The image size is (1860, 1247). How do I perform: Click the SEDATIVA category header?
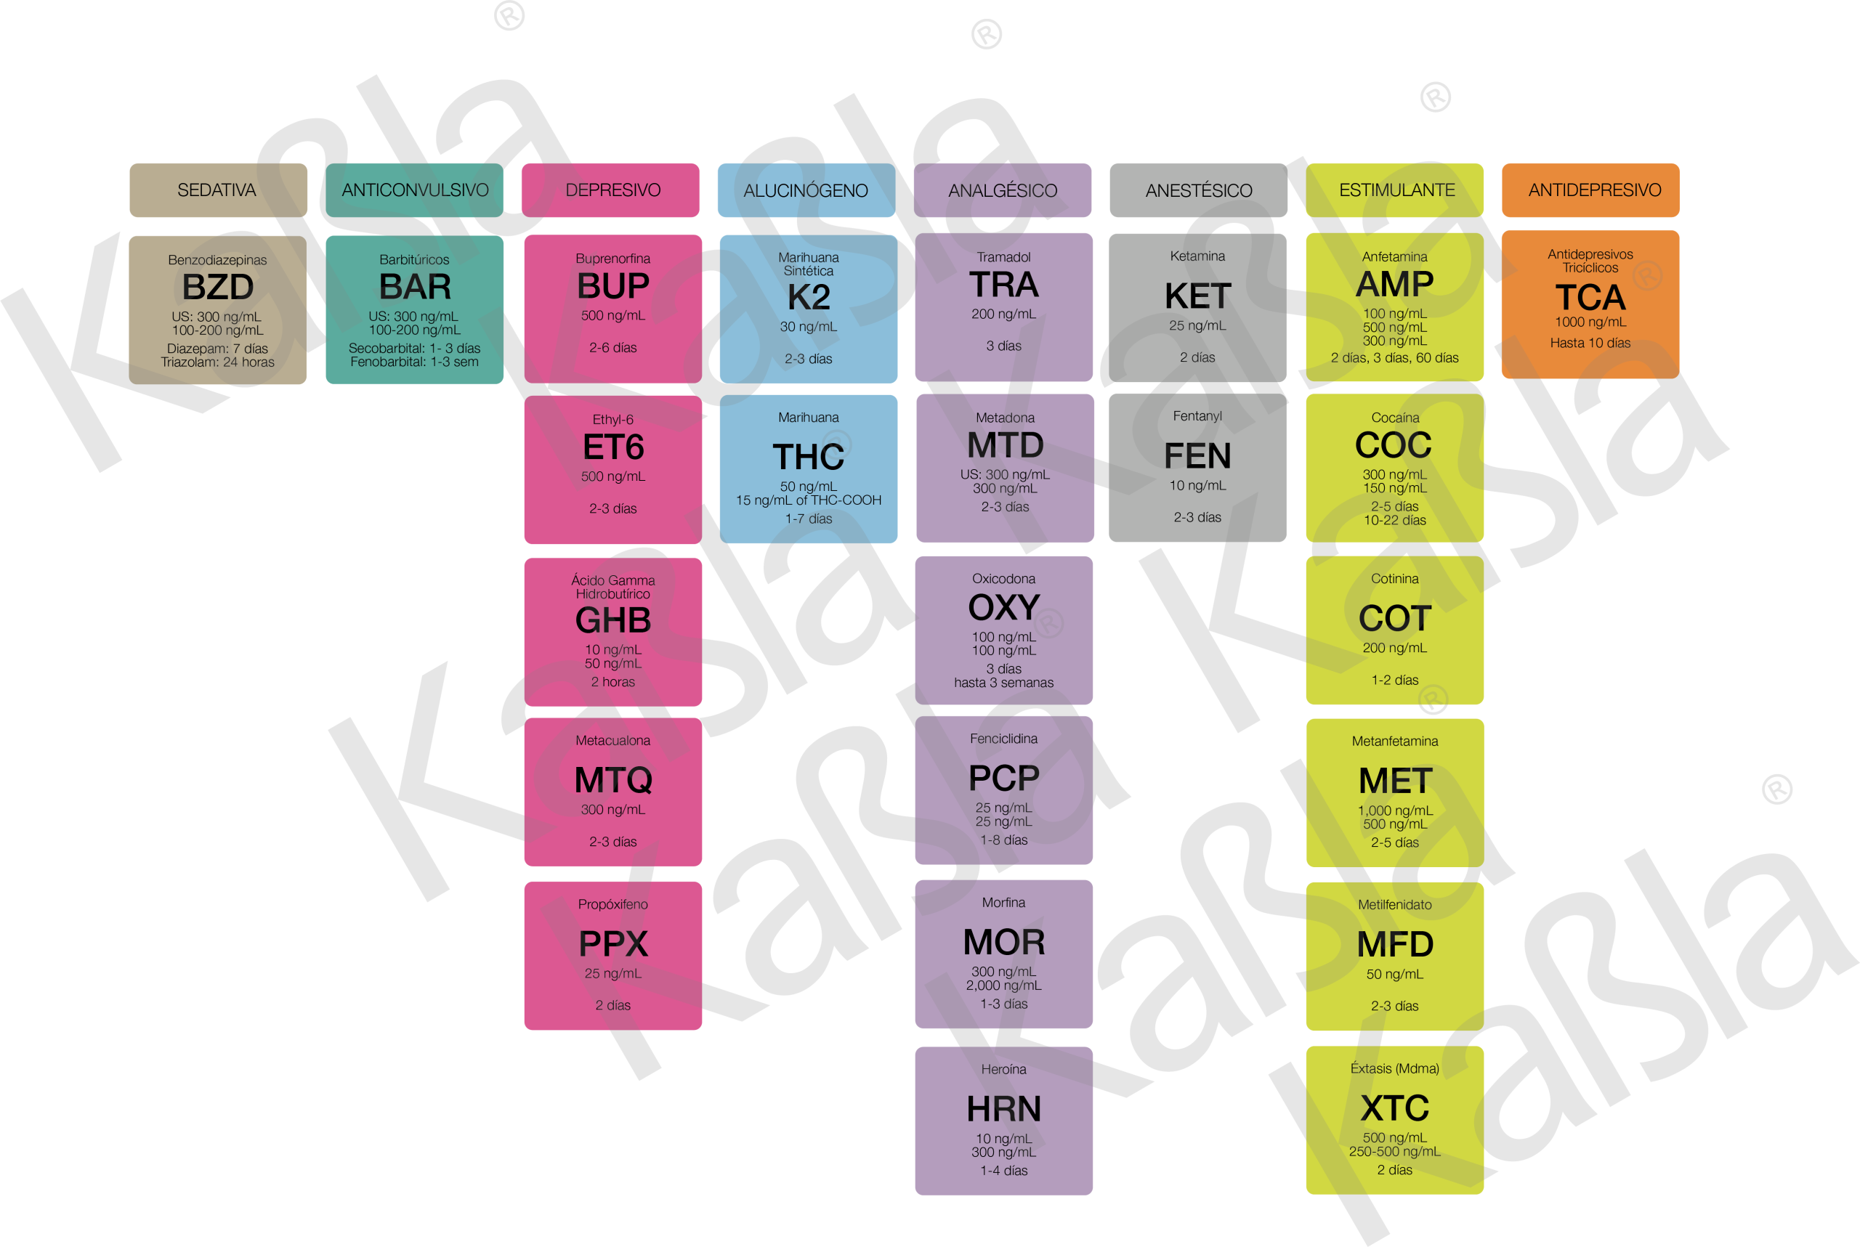[x=217, y=190]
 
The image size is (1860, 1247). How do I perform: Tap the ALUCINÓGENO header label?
[x=805, y=191]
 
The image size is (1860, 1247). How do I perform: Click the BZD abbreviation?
[x=217, y=287]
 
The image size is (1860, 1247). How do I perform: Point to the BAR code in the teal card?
[x=414, y=286]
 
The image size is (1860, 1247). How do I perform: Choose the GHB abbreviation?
[x=612, y=620]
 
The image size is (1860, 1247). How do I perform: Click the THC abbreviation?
[x=808, y=458]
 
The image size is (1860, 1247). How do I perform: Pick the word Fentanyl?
[x=1197, y=416]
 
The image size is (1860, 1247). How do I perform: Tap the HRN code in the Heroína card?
[x=1003, y=1108]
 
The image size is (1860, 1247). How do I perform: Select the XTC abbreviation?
[x=1394, y=1108]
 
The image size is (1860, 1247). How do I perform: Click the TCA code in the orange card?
[x=1590, y=298]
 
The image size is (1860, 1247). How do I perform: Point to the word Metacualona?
[x=612, y=740]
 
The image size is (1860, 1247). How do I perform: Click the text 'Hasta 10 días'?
[x=1590, y=343]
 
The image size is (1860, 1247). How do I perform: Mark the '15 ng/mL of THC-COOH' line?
[x=808, y=500]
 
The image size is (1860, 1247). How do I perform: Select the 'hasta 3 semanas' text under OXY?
[x=1003, y=683]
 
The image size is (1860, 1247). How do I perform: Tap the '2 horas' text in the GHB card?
[x=612, y=681]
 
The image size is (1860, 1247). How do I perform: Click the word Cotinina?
[x=1394, y=578]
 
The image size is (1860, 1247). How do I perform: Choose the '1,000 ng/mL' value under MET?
[x=1394, y=811]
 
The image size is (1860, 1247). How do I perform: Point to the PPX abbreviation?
[x=612, y=944]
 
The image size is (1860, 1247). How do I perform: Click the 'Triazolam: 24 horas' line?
[x=217, y=362]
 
